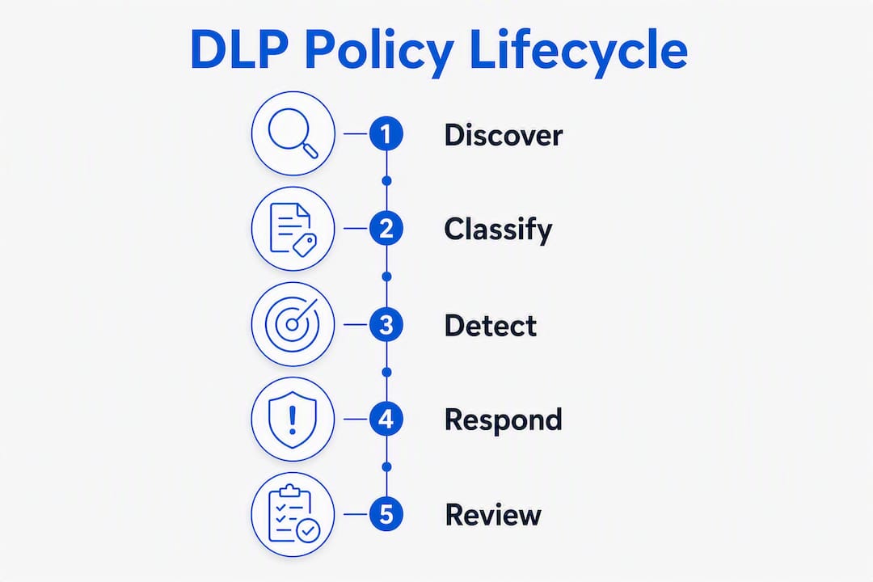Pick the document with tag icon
click(293, 229)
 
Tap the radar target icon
click(293, 323)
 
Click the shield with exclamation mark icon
click(293, 420)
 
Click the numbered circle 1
click(386, 133)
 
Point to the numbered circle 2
click(386, 228)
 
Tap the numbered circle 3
click(386, 324)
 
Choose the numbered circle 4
click(386, 419)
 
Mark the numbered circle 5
click(386, 514)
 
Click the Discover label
click(504, 135)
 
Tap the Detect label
click(491, 325)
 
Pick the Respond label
click(504, 420)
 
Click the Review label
click(493, 515)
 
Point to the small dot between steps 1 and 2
click(387, 181)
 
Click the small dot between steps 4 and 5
click(387, 466)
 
